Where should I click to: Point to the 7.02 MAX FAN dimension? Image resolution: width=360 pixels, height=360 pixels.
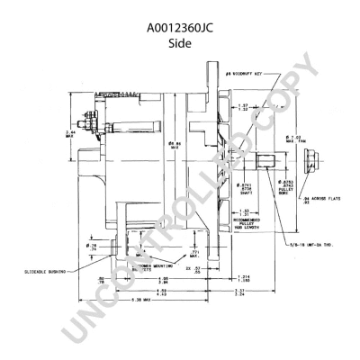294,139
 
